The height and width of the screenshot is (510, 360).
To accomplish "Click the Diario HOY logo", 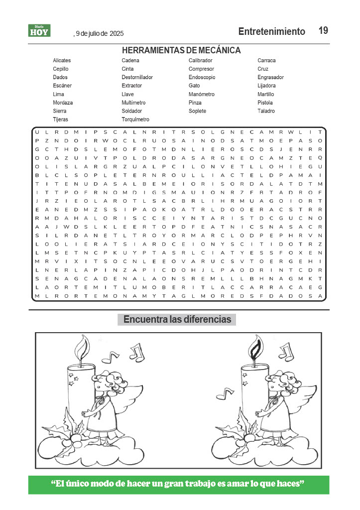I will [39, 31].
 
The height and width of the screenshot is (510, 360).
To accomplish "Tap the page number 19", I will [323, 31].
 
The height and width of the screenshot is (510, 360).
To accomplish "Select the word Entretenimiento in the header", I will [271, 31].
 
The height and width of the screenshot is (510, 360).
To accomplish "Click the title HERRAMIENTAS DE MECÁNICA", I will [181, 50].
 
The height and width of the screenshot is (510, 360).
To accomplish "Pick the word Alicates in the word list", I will [62, 60].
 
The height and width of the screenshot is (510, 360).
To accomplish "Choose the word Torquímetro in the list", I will [135, 120].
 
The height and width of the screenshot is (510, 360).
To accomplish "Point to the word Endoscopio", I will [202, 77].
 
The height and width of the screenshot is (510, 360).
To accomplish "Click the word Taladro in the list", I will [266, 111].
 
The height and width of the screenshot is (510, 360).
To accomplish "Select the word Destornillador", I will [137, 77].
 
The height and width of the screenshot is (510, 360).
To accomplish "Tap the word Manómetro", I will [201, 94].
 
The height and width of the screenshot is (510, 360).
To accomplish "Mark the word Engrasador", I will [270, 77].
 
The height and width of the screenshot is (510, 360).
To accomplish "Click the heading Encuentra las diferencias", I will [177, 319].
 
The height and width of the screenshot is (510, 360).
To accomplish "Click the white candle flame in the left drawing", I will [82, 345].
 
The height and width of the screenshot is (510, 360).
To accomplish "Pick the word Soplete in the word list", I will [197, 111].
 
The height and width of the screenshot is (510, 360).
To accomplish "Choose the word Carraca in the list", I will [266, 60].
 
